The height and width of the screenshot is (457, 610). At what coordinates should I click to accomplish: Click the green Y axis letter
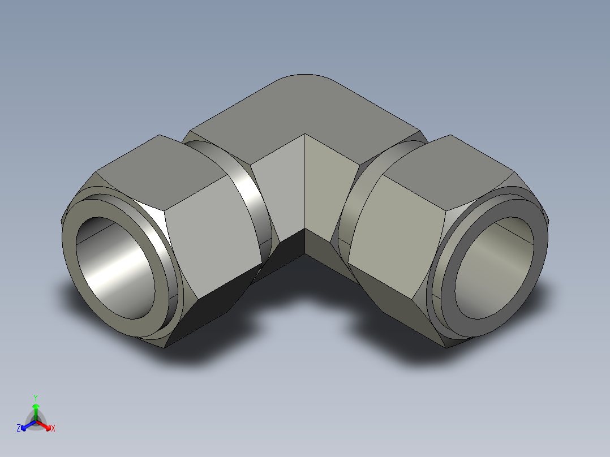[36, 398]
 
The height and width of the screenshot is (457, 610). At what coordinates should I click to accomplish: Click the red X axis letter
[53, 428]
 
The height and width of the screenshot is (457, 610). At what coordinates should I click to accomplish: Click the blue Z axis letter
[19, 428]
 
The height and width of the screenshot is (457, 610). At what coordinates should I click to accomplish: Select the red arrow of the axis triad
[44, 425]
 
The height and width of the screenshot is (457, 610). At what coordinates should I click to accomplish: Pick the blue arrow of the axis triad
[28, 425]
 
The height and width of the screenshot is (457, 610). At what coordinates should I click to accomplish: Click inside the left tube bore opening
[115, 268]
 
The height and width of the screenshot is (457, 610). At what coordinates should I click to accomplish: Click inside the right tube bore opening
[495, 268]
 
